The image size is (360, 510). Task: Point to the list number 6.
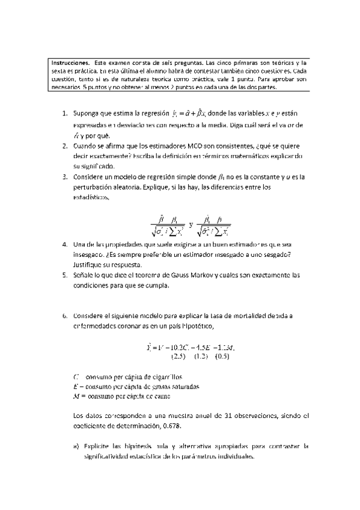tap(64, 315)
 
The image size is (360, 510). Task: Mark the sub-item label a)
tap(75, 446)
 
